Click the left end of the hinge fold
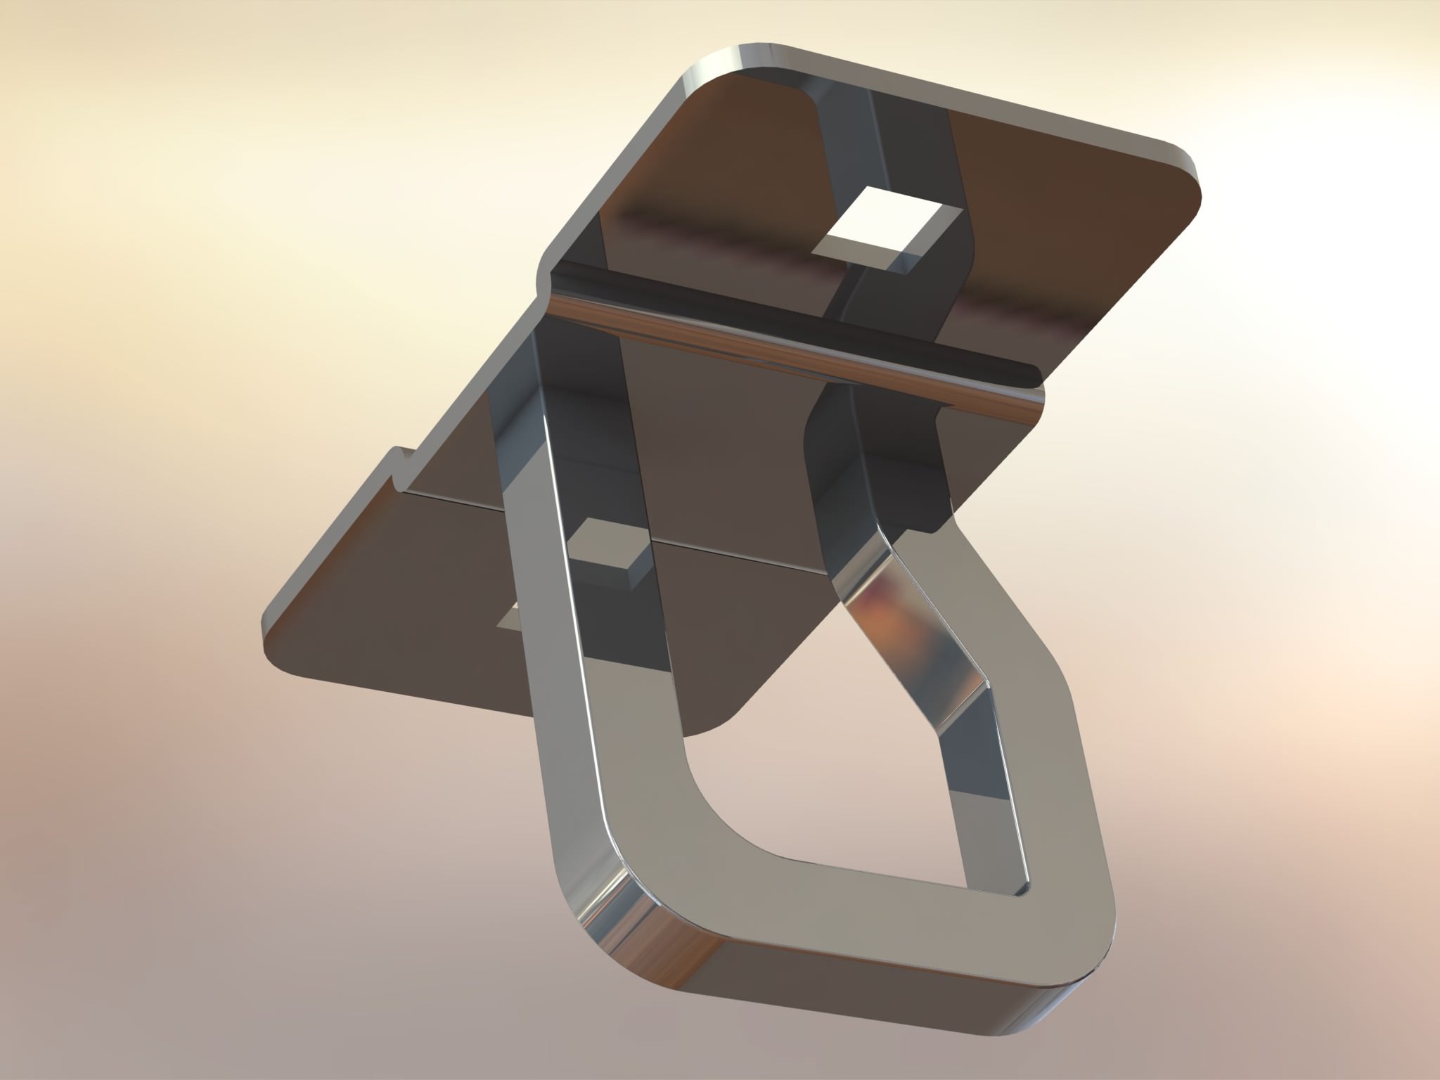coord(552,281)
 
